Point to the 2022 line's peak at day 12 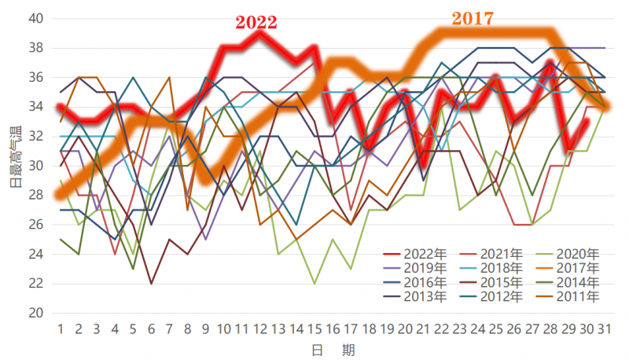pyautogui.click(x=261, y=33)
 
